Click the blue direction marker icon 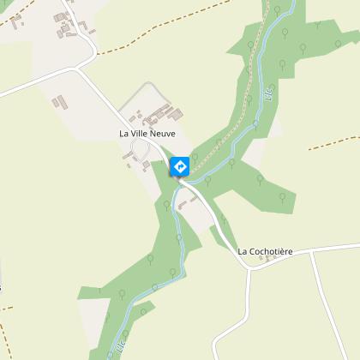pos(180,165)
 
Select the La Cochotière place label pos(265,251)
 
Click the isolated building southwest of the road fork pos(59,102)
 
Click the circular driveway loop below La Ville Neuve pos(137,152)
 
